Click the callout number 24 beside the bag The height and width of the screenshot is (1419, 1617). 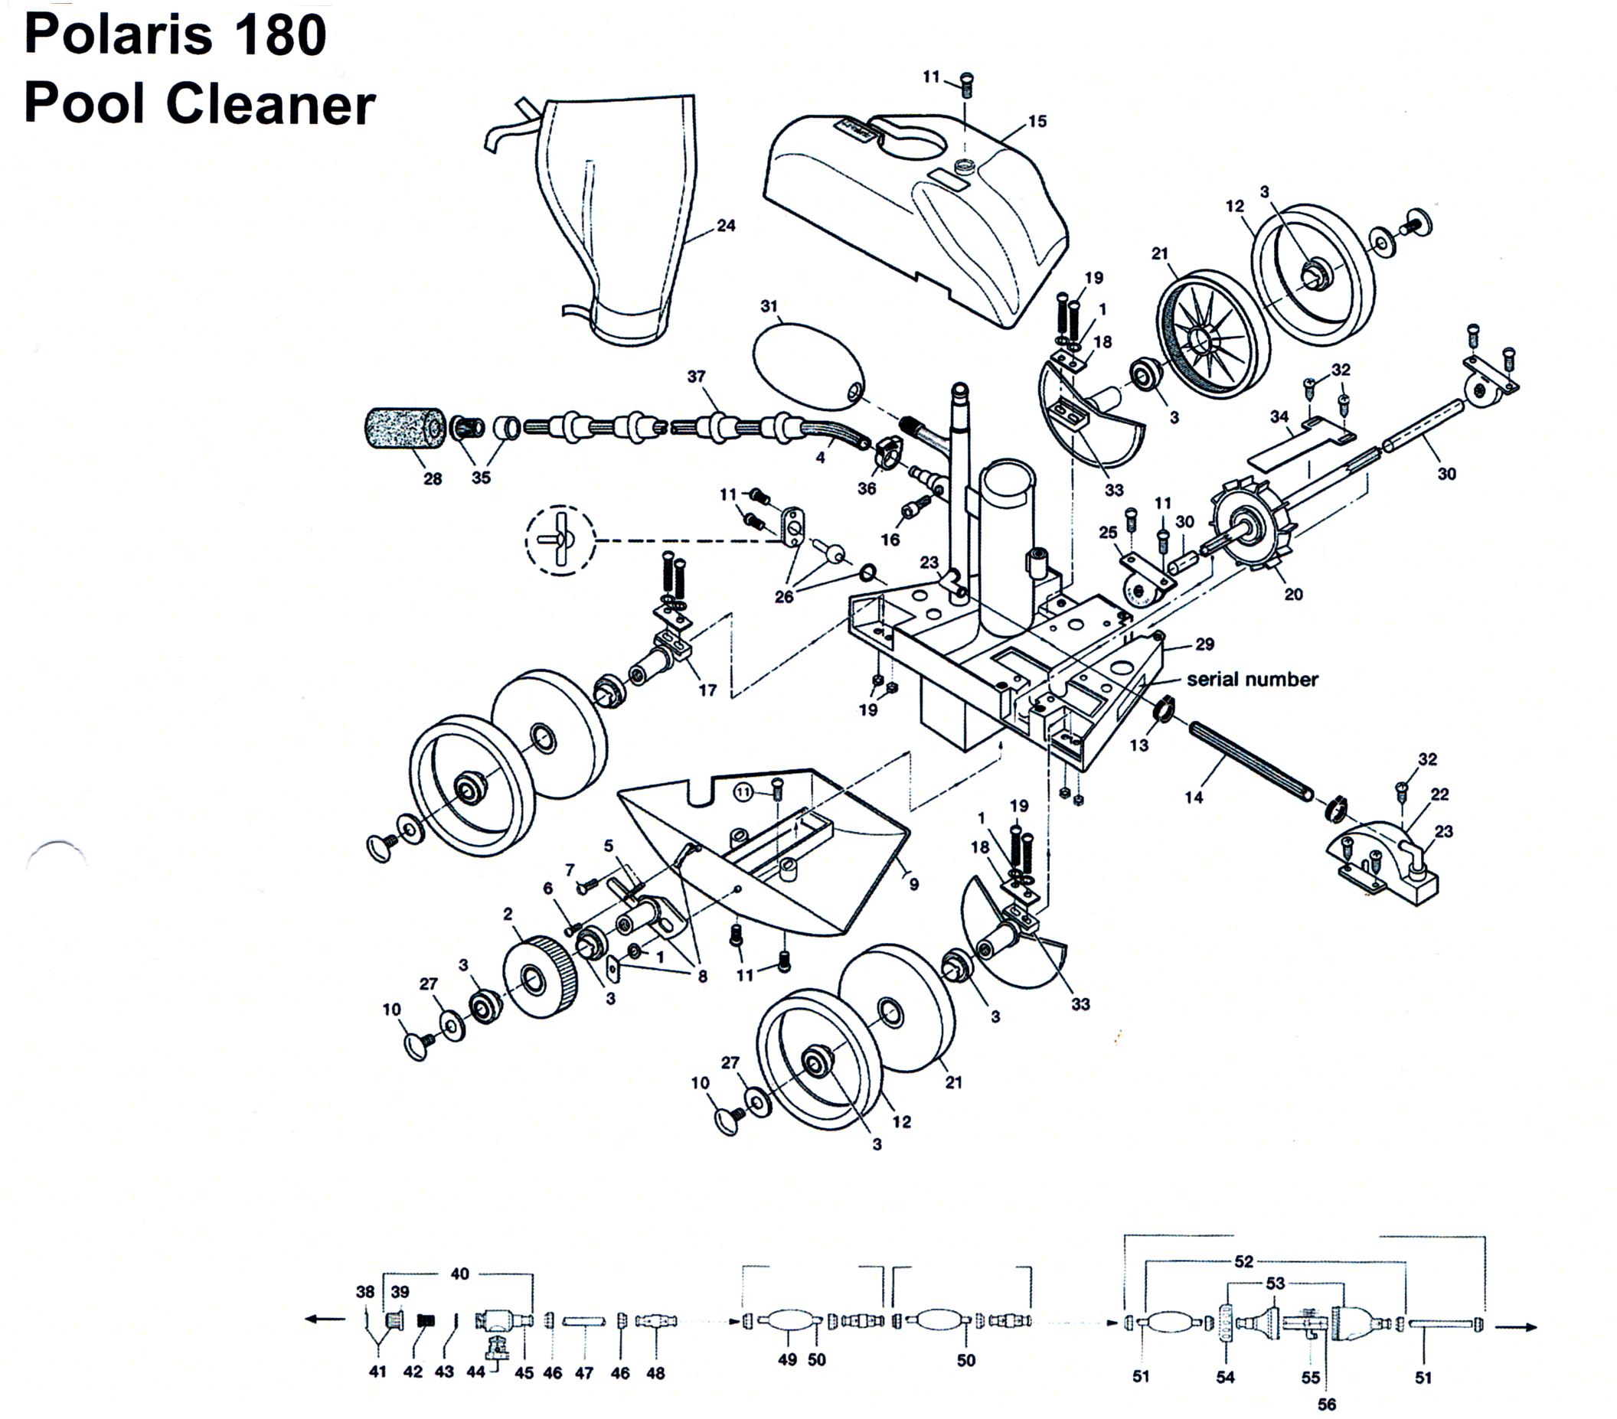tap(726, 226)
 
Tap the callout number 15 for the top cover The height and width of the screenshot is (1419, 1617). tap(1037, 121)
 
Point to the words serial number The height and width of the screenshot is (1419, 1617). tap(1253, 679)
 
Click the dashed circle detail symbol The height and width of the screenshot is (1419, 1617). tap(560, 541)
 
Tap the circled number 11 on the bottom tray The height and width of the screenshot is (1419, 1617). tap(744, 791)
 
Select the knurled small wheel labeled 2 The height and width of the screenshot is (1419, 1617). tap(538, 975)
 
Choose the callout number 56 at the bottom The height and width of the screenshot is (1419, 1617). tap(1327, 1404)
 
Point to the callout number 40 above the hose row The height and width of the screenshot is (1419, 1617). tap(459, 1274)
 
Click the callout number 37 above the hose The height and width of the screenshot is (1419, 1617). tap(696, 377)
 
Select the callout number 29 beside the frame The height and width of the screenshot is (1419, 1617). tap(1204, 644)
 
